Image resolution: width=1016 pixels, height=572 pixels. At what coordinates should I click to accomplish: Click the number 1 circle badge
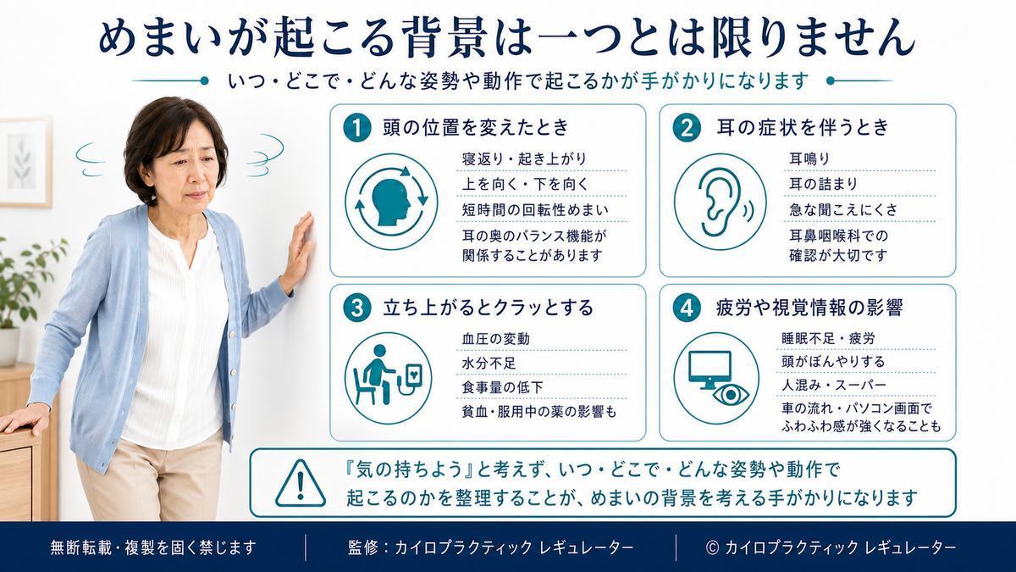click(357, 128)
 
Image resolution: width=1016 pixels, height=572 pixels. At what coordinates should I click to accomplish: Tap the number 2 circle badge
click(687, 128)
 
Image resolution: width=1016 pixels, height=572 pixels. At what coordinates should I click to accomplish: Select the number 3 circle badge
click(357, 308)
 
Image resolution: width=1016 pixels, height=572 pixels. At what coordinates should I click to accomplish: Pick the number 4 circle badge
click(687, 308)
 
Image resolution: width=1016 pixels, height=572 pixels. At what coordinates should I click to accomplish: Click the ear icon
click(721, 202)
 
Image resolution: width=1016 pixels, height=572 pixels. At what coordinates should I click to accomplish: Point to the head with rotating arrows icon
click(391, 202)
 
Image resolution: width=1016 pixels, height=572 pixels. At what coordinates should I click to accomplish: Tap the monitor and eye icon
click(716, 378)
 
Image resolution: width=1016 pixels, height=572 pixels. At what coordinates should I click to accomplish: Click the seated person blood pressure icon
click(389, 378)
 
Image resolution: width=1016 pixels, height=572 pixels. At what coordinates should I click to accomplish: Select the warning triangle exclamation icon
click(301, 483)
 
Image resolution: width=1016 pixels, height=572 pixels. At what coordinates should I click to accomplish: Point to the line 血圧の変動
click(496, 339)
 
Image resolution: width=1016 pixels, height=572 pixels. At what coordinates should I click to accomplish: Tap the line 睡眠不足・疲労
click(828, 338)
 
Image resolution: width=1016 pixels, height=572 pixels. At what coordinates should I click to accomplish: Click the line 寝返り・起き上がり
click(524, 159)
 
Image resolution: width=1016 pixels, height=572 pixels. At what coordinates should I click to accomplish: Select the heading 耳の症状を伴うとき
click(803, 128)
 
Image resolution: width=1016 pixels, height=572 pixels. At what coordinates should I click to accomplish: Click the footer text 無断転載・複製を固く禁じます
click(153, 547)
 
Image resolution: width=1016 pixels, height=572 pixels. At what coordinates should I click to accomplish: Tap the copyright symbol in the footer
click(713, 547)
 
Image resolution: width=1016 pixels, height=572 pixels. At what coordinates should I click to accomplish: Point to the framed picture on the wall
click(25, 163)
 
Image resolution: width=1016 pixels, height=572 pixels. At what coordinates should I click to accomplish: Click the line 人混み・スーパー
click(834, 385)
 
